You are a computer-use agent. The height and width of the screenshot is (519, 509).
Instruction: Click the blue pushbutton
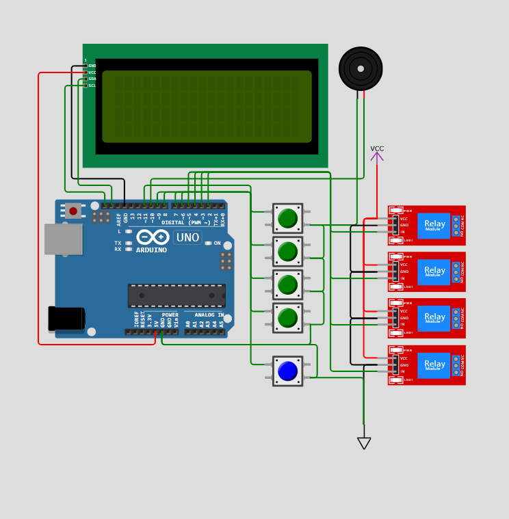pyautogui.click(x=287, y=371)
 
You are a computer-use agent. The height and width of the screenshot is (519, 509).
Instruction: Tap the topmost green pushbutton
pyautogui.click(x=287, y=219)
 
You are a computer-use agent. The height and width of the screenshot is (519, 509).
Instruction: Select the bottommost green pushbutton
pyautogui.click(x=287, y=318)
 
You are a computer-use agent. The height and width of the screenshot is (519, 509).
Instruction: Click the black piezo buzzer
pyautogui.click(x=361, y=68)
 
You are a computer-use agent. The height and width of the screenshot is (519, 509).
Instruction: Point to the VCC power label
pyautogui.click(x=377, y=149)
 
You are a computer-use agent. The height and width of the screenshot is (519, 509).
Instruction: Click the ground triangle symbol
pyautogui.click(x=364, y=443)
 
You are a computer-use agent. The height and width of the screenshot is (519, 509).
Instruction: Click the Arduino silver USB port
pyautogui.click(x=63, y=239)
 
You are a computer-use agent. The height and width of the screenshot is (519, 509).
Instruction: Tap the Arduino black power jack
pyautogui.click(x=66, y=319)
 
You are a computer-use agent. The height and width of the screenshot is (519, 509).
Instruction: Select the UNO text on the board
pyautogui.click(x=187, y=238)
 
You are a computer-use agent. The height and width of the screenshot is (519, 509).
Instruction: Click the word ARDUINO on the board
pyautogui.click(x=151, y=250)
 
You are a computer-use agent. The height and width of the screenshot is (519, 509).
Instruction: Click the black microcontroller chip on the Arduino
pyautogui.click(x=177, y=295)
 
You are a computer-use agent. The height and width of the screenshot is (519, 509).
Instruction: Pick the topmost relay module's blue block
pyautogui.click(x=434, y=226)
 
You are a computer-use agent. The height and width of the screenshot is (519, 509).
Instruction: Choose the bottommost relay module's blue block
pyautogui.click(x=434, y=365)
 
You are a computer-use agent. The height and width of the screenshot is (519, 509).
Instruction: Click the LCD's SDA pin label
pyautogui.click(x=92, y=79)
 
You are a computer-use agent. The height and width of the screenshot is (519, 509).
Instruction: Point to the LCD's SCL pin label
pyautogui.click(x=92, y=85)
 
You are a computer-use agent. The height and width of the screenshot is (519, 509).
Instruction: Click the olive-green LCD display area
pyautogui.click(x=207, y=107)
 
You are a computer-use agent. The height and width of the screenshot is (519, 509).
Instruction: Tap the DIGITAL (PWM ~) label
pyautogui.click(x=186, y=223)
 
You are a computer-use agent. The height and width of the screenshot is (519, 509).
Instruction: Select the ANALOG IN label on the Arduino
pyautogui.click(x=209, y=315)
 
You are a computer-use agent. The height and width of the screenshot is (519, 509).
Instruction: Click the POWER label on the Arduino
pyautogui.click(x=170, y=315)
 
